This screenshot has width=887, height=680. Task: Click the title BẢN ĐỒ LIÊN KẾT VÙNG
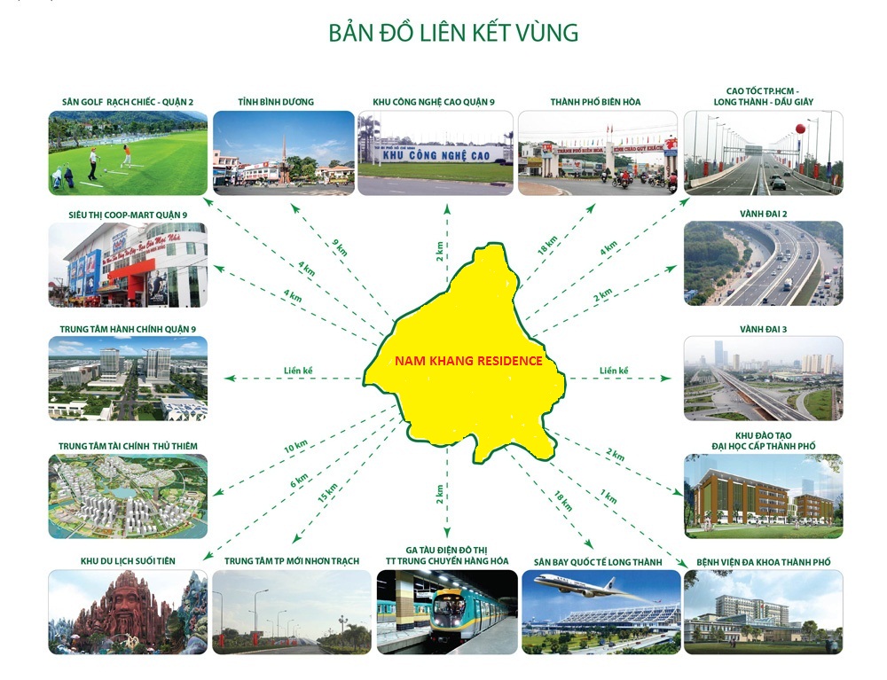click(x=453, y=33)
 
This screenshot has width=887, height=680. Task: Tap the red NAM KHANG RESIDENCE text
click(x=468, y=361)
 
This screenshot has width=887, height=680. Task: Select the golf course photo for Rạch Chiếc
click(x=128, y=153)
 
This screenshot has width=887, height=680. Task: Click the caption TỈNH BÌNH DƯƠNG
click(x=276, y=102)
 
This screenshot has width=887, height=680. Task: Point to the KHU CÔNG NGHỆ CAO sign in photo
click(x=436, y=155)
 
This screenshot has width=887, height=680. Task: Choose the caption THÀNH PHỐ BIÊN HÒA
click(x=596, y=102)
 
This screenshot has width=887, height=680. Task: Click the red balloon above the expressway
click(x=800, y=129)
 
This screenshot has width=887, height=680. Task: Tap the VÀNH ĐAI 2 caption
click(x=763, y=214)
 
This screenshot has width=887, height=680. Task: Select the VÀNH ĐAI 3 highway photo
click(x=763, y=379)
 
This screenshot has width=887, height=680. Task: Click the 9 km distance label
click(x=340, y=247)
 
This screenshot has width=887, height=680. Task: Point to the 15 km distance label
click(x=327, y=493)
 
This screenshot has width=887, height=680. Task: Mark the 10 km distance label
click(x=296, y=447)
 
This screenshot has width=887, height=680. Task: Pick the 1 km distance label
click(x=608, y=496)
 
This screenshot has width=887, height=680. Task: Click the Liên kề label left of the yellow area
click(x=298, y=371)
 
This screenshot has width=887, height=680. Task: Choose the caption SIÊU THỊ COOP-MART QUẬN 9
click(x=128, y=215)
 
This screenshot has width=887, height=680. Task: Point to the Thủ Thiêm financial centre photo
click(x=128, y=496)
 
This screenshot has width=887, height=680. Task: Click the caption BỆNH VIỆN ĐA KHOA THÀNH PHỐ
click(x=763, y=562)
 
